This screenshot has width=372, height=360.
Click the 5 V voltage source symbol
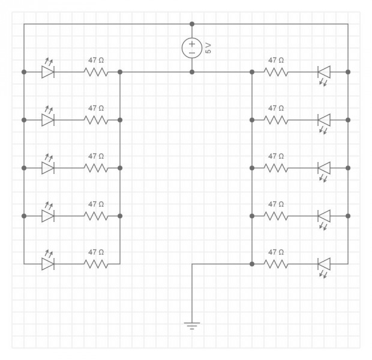click(x=192, y=48)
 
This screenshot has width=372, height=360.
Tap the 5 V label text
click(x=208, y=48)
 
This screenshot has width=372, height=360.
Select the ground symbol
click(x=192, y=326)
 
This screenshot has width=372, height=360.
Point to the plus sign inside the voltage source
click(x=192, y=44)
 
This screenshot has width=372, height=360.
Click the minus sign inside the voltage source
click(x=192, y=53)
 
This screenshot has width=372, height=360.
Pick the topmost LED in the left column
click(x=48, y=72)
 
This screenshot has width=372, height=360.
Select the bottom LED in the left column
click(x=48, y=264)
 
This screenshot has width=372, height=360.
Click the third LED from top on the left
click(x=48, y=168)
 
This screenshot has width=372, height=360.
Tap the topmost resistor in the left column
click(x=96, y=72)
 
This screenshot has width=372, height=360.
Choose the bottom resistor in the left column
click(x=96, y=264)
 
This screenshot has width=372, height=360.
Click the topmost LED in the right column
click(x=324, y=72)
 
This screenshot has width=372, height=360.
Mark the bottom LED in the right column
click(x=324, y=264)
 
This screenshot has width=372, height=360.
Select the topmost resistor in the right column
click(x=276, y=72)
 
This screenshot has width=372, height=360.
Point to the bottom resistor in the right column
click(x=276, y=264)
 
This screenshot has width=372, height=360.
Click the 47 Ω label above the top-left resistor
click(x=96, y=60)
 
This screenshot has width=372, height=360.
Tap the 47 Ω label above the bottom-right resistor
click(x=276, y=252)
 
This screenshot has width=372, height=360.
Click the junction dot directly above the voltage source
click(x=192, y=24)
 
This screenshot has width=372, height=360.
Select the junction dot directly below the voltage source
click(x=192, y=72)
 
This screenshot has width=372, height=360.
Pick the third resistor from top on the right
click(x=276, y=168)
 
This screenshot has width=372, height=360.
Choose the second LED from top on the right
click(x=324, y=120)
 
